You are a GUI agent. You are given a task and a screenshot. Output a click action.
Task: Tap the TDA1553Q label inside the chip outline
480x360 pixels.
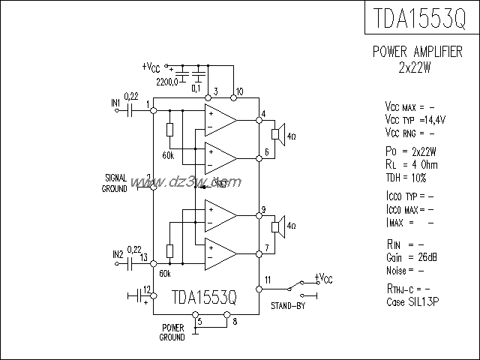[x=204, y=297]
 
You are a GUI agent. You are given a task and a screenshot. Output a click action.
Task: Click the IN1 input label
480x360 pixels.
[x=115, y=103]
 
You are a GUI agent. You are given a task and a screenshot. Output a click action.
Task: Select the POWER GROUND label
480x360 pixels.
[x=172, y=333]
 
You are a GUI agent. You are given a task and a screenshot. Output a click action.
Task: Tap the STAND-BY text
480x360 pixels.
[x=289, y=305]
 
